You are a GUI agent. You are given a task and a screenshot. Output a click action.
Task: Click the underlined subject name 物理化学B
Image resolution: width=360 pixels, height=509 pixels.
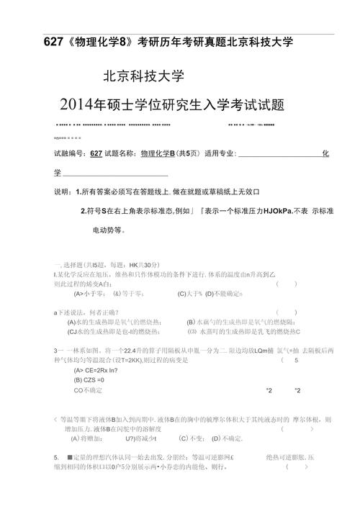pyautogui.click(x=158, y=153)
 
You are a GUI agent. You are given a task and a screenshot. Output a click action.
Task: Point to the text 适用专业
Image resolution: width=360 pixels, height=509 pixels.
pyautogui.click(x=220, y=153)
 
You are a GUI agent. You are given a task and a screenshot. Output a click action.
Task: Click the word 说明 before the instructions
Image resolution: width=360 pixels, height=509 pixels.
pyautogui.click(x=63, y=193)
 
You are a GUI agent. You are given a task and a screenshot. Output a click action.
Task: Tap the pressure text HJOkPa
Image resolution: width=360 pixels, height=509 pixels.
pyautogui.click(x=271, y=212)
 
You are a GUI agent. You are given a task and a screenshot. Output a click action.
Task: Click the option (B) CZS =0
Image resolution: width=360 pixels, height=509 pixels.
pyautogui.click(x=89, y=379)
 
